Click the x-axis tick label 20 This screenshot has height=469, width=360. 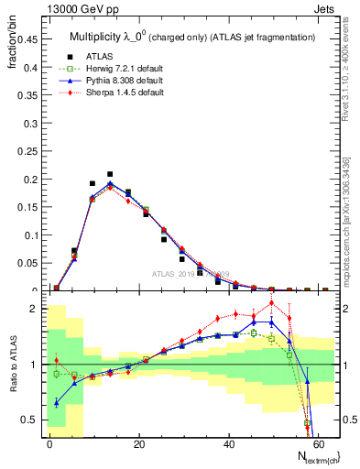[139, 442]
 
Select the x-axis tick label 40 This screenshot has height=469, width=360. [229, 442]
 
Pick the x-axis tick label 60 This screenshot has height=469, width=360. [318, 442]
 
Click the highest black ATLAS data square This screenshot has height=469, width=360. [110, 174]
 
